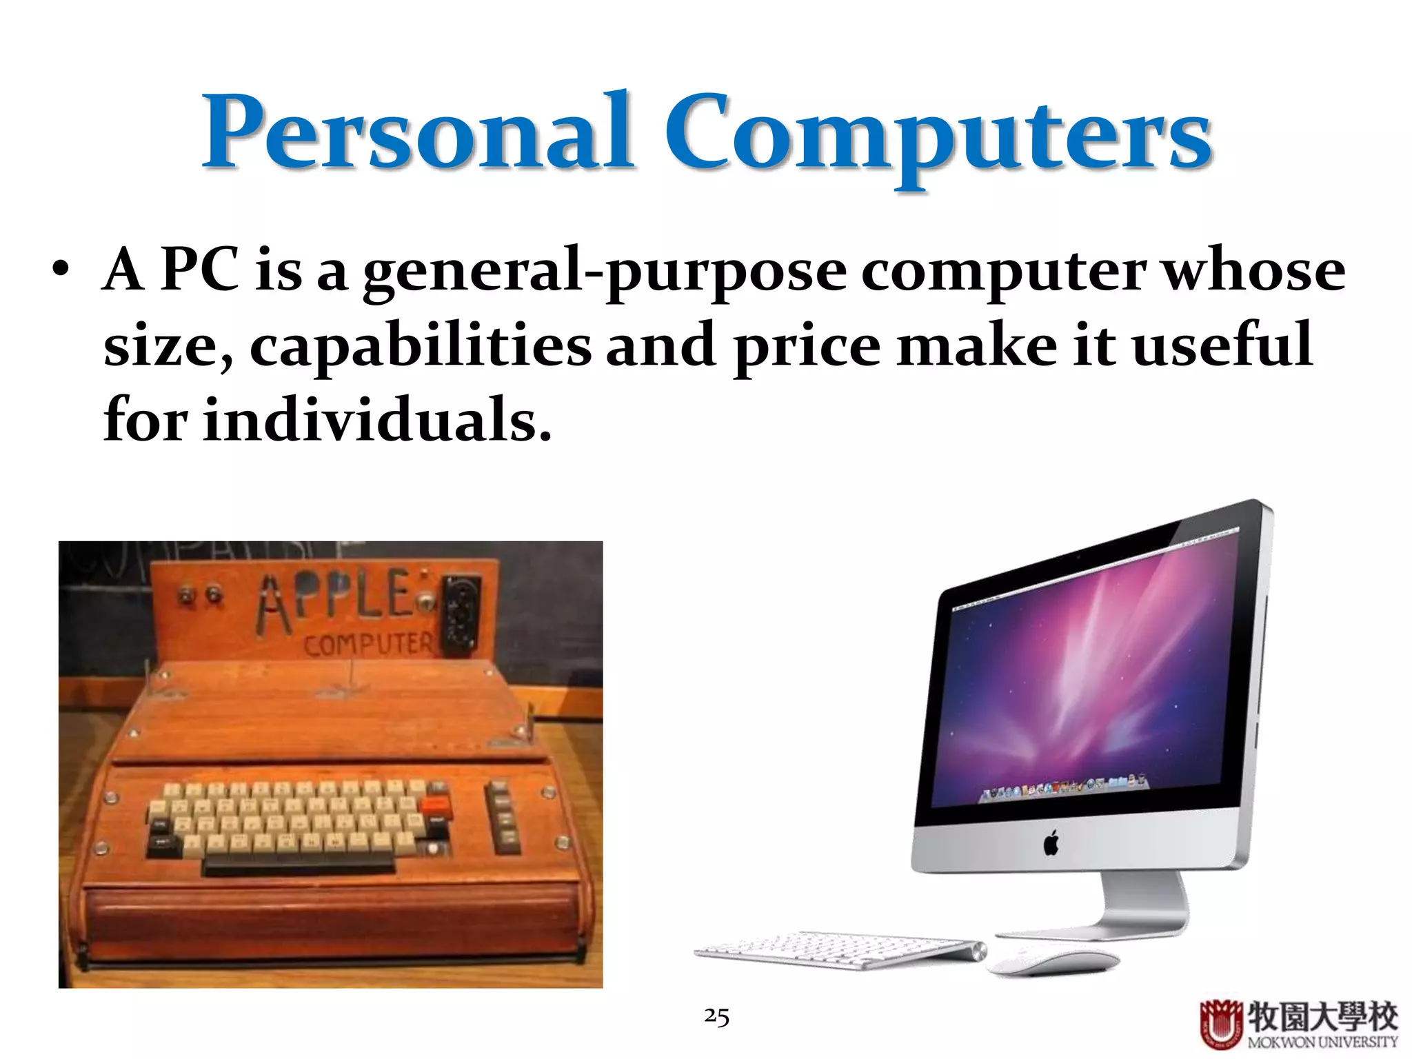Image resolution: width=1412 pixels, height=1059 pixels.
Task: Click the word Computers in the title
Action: point(938,134)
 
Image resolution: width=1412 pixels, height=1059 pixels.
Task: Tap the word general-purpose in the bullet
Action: point(605,272)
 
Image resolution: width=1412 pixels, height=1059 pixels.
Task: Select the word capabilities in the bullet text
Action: point(420,347)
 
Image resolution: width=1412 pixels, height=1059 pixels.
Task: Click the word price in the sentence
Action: point(806,347)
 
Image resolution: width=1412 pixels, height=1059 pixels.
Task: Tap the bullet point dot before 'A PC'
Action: point(61,270)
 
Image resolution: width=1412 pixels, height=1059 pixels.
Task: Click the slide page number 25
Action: point(716,1016)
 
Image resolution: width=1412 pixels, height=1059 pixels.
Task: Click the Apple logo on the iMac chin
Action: point(1051,843)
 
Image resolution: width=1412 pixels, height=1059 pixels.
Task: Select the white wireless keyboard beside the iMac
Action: point(838,950)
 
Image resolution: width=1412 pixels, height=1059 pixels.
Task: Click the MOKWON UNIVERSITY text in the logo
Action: point(1322,1042)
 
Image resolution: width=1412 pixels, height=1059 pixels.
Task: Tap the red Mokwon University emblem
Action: point(1221,1024)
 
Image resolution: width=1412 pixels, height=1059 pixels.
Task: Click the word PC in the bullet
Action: point(199,270)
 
